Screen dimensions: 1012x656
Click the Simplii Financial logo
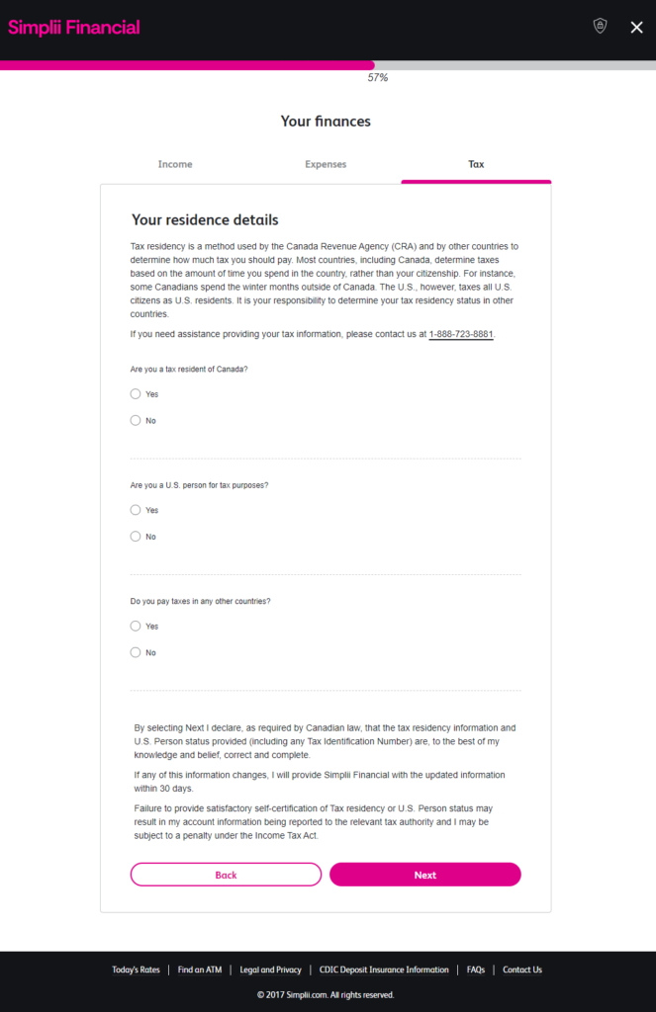click(x=74, y=27)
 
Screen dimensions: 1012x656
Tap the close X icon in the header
click(x=636, y=28)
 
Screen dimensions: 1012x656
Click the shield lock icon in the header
click(x=600, y=27)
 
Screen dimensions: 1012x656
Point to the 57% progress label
click(x=377, y=77)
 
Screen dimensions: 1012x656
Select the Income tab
click(x=175, y=164)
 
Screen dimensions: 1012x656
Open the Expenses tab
click(x=326, y=164)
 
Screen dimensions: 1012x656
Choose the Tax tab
click(x=476, y=164)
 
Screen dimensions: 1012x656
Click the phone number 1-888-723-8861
click(x=461, y=334)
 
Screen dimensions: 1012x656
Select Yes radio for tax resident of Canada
click(x=136, y=394)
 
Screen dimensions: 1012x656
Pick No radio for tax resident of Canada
click(x=136, y=421)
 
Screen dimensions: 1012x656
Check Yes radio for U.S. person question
click(x=136, y=511)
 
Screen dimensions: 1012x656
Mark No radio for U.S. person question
click(x=136, y=537)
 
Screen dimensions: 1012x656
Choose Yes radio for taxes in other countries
click(x=136, y=627)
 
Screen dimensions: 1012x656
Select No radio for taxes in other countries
click(x=136, y=652)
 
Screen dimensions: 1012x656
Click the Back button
click(x=226, y=875)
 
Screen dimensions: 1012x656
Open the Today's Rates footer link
click(x=136, y=970)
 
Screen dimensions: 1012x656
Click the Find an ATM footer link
click(x=200, y=970)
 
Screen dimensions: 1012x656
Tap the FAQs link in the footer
click(x=476, y=970)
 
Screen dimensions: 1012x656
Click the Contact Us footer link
click(x=522, y=970)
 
